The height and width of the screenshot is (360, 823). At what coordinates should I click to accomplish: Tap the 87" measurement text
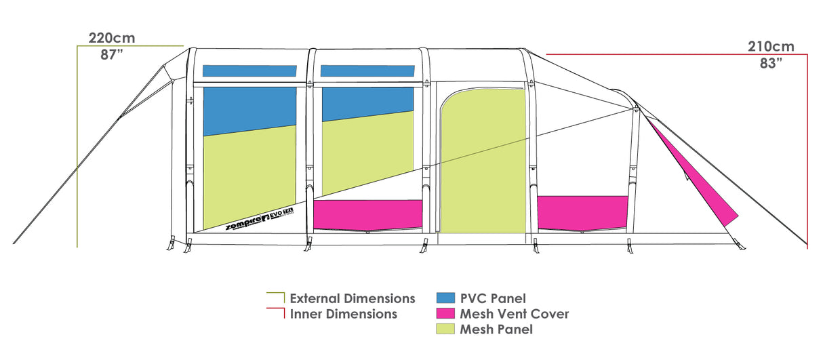(111, 55)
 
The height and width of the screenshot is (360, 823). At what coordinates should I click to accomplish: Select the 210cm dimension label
(771, 47)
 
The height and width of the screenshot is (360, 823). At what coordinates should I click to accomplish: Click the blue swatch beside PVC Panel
(445, 298)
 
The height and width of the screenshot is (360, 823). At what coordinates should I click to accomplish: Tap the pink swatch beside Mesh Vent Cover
(445, 314)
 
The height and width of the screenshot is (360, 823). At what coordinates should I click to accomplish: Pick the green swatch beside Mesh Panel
(445, 329)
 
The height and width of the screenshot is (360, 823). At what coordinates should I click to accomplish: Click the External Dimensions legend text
(352, 298)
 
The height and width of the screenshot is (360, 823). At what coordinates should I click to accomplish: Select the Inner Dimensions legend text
(343, 314)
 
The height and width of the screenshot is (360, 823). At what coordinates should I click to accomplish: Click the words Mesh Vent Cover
(514, 314)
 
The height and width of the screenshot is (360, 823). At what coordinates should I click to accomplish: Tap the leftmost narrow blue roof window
(249, 71)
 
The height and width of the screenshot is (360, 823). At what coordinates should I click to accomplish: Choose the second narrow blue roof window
(367, 71)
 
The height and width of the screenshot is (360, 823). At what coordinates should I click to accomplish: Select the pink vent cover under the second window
(368, 214)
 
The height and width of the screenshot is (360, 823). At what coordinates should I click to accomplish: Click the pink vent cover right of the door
(582, 212)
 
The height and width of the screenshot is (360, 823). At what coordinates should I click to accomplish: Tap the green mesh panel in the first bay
(249, 180)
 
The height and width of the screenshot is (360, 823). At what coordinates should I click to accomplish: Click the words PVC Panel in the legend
(492, 298)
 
